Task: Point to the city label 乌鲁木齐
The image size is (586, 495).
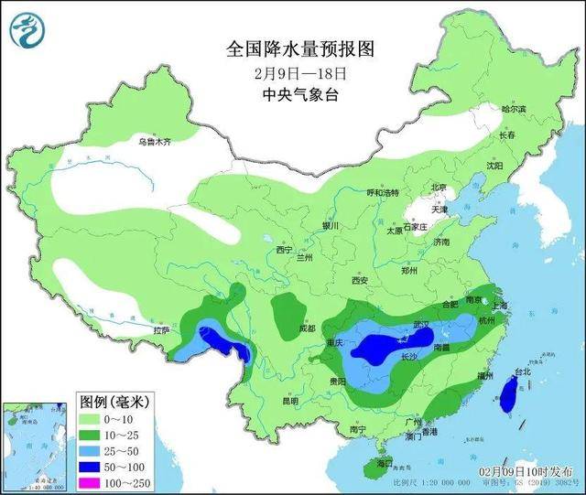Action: coord(155,142)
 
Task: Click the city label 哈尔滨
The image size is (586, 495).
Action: coord(514,109)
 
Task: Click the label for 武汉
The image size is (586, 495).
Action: coord(422,325)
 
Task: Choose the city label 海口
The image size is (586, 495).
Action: coord(371,465)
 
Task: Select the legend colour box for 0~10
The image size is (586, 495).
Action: coord(91,418)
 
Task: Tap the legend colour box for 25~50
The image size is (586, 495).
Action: coord(91,449)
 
